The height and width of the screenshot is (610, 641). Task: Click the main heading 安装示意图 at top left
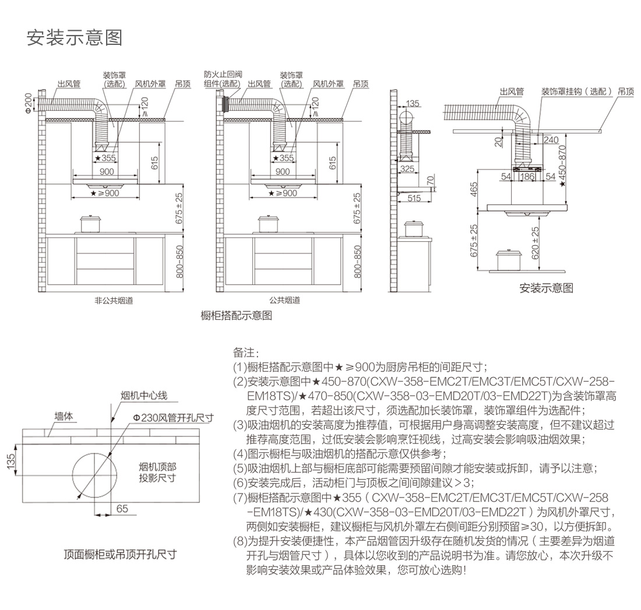(75, 38)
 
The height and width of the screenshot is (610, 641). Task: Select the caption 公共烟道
(284, 301)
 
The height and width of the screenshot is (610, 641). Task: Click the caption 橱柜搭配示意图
(236, 316)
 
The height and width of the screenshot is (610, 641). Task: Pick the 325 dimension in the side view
(407, 169)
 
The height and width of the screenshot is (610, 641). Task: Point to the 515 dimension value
(414, 199)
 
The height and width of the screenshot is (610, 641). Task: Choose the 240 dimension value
(551, 140)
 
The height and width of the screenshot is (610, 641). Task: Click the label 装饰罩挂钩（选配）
(576, 91)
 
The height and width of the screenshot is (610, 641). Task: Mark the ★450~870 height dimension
(562, 165)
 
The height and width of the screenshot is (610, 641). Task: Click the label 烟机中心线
(143, 396)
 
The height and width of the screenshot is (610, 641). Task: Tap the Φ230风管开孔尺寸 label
(172, 418)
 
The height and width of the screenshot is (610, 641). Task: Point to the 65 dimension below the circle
(122, 509)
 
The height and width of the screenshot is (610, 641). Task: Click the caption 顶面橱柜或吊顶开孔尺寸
(120, 553)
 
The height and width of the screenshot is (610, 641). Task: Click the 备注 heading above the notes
(245, 353)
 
